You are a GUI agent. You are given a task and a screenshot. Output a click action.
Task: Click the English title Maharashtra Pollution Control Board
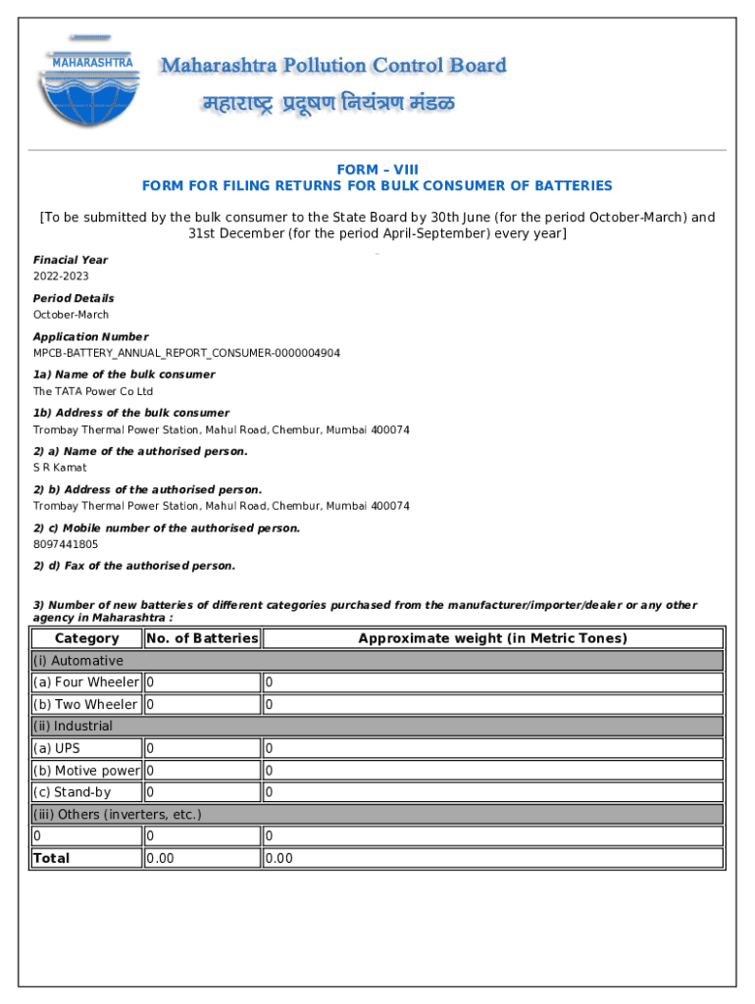pos(333,66)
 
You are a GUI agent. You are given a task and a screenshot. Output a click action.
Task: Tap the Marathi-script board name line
pos(328,104)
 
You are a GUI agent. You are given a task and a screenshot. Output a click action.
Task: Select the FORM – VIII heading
pos(377,170)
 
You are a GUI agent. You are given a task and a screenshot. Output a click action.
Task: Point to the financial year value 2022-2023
pos(61,276)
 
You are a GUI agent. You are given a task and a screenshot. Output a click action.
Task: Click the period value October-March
pos(72,315)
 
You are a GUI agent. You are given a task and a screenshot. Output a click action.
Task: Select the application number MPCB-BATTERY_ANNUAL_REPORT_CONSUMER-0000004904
pos(186,353)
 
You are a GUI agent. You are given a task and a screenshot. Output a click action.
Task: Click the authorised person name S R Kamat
pos(60,468)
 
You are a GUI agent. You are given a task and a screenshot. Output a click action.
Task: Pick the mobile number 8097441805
pos(66,544)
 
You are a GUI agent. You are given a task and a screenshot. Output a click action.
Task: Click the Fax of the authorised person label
pos(134,566)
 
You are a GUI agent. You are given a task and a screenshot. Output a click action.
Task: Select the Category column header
pos(86,638)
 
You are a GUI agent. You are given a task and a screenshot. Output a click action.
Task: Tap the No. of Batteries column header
pos(202,638)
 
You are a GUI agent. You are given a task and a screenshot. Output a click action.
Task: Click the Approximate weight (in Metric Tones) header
pos(492,638)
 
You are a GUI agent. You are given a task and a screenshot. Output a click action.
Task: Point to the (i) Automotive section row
pos(78,661)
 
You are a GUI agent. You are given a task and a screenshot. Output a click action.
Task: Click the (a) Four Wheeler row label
pos(86,682)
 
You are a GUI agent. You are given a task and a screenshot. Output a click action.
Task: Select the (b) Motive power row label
pos(86,771)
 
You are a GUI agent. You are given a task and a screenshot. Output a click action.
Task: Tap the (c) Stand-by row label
pos(72,792)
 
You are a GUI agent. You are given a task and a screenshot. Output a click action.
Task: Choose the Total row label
pos(52,858)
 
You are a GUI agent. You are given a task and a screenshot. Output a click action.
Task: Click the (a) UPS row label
pos(57,748)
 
